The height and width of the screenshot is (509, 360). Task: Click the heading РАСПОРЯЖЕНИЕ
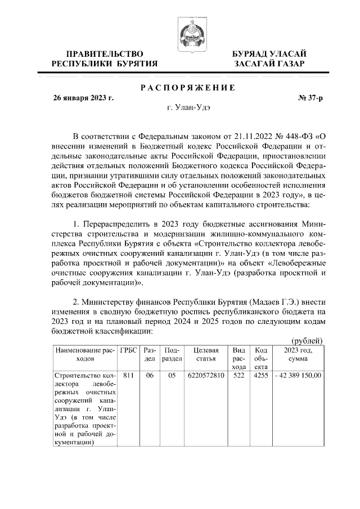(187, 87)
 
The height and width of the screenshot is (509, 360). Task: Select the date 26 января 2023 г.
(83, 98)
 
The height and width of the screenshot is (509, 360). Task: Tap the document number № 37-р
(310, 98)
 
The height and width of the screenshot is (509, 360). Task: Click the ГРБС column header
(128, 349)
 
